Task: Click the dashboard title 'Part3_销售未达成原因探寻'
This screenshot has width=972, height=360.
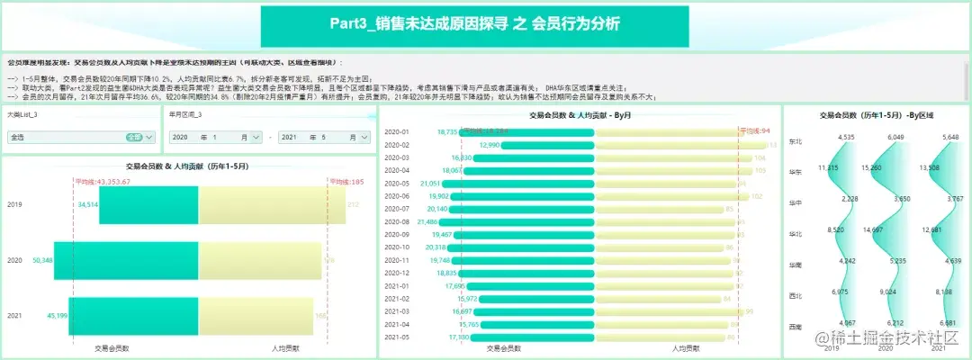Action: tap(486, 24)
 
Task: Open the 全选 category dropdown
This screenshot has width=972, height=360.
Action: tap(82, 138)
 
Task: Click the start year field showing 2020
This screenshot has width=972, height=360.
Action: tap(181, 138)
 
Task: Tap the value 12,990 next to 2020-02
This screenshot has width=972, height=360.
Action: tap(490, 145)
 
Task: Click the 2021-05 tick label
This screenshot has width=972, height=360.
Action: tap(397, 337)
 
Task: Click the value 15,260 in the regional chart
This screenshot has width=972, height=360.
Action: tap(870, 167)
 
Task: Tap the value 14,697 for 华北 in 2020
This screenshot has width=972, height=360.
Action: tap(870, 230)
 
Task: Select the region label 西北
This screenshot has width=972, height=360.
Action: tap(795, 295)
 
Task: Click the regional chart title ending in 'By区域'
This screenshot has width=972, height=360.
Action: tap(876, 115)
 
